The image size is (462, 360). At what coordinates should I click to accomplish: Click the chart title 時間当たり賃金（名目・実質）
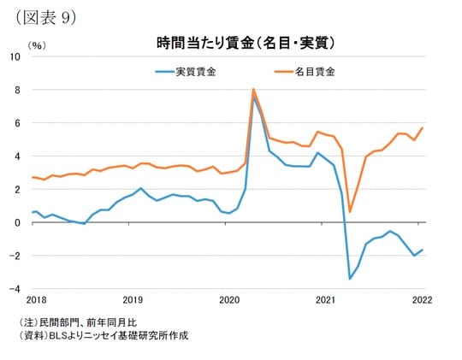[x=245, y=42]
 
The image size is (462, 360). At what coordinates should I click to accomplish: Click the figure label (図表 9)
[x=42, y=17]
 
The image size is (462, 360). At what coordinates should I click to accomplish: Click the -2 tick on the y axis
[x=14, y=256]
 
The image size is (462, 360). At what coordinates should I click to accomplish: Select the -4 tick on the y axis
[x=14, y=289]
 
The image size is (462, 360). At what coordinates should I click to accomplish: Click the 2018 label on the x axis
[x=36, y=301]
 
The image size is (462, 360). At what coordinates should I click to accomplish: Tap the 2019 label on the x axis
[x=133, y=301]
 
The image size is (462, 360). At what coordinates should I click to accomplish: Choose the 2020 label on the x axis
[x=229, y=301]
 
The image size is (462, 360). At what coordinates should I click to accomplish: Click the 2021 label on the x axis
[x=325, y=301]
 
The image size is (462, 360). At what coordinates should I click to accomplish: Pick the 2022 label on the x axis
[x=422, y=301]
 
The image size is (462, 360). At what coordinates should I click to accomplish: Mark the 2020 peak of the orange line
[x=253, y=89]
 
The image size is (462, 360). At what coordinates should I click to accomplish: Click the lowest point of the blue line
[x=350, y=279]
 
